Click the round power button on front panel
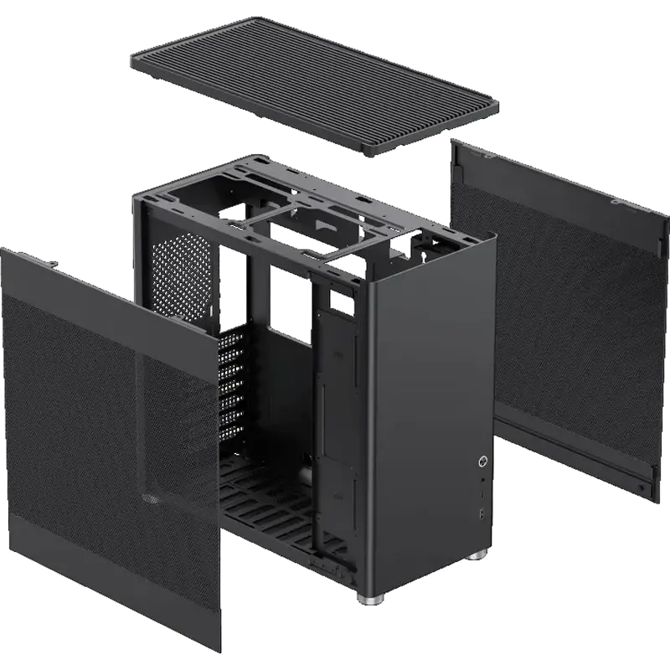point(482,461)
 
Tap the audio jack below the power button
point(482,481)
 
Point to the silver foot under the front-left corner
point(369,600)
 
